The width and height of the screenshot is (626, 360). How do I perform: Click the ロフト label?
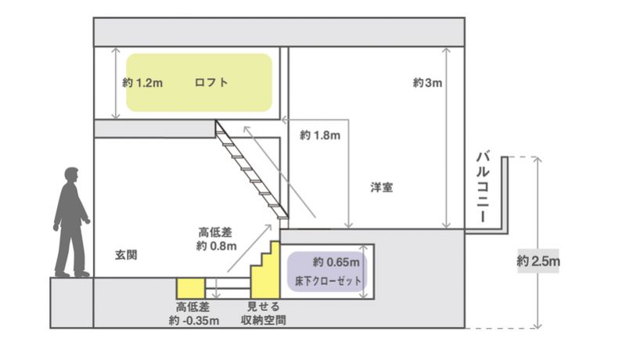[x=212, y=81]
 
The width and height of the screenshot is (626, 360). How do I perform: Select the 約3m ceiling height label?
[x=428, y=82]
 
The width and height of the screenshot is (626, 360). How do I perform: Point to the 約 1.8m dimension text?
[x=320, y=135]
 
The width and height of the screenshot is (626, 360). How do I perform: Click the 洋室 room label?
[x=382, y=188]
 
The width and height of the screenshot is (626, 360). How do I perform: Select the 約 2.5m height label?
[x=538, y=261]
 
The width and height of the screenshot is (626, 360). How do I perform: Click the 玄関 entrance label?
[x=126, y=255]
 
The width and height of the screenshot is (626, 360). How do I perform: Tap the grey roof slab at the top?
[x=279, y=31]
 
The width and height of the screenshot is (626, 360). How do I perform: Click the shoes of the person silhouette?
[x=71, y=273]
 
